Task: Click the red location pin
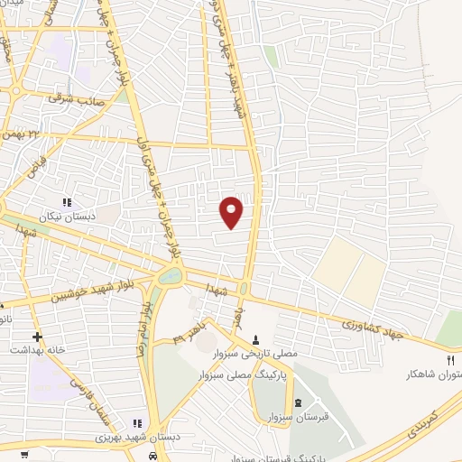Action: (x=232, y=211)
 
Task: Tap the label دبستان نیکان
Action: (x=66, y=217)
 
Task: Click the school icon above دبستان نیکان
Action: (x=66, y=203)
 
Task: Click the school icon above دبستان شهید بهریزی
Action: (x=138, y=422)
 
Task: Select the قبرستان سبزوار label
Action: (x=299, y=416)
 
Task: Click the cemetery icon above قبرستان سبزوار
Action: (x=299, y=401)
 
